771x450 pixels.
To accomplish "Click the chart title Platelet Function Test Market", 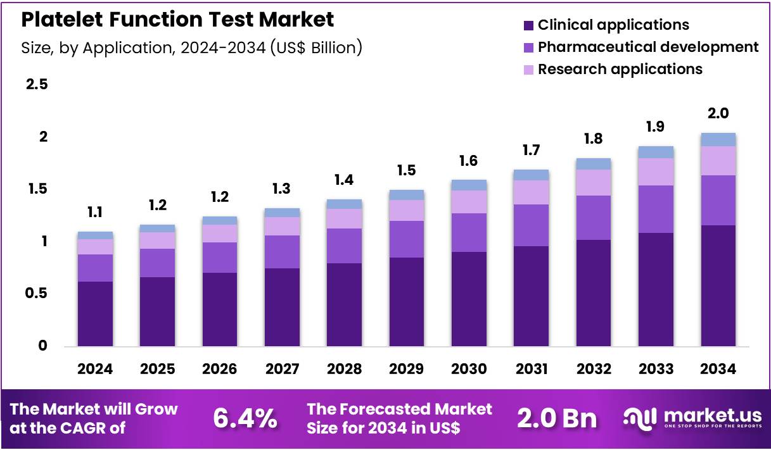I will click(x=177, y=20).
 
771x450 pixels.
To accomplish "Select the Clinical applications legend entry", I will click(x=613, y=25).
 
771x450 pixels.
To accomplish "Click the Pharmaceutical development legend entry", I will click(x=647, y=47).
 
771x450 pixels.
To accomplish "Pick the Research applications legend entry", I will click(x=620, y=69).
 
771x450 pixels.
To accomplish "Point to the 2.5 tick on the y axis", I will click(x=36, y=85).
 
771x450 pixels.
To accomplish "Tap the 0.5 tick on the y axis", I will click(x=36, y=294).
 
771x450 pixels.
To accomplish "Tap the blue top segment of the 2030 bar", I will click(x=469, y=185).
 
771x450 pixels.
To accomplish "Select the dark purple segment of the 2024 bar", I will click(x=95, y=314).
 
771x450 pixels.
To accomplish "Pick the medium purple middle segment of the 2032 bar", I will click(x=594, y=218).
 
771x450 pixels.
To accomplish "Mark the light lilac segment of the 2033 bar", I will click(x=656, y=172).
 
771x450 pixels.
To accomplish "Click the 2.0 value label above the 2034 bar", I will click(x=718, y=114).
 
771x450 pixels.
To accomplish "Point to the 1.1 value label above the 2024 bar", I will click(x=95, y=213).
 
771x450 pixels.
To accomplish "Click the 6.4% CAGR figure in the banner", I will click(x=245, y=418).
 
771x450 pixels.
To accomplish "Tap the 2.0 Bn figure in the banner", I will click(x=557, y=418).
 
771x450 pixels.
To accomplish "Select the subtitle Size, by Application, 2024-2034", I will click(x=191, y=47).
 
